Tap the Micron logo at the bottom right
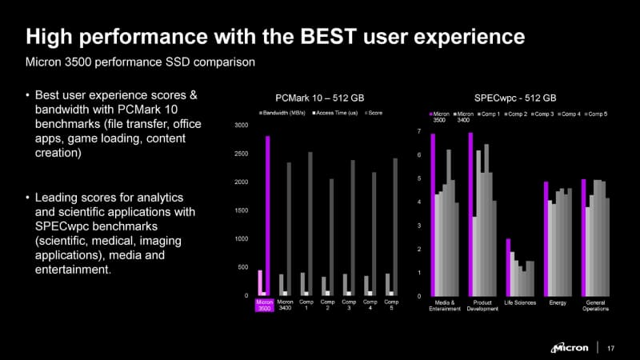pos(570,347)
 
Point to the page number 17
pos(612,347)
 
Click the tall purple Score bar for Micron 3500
pos(268,216)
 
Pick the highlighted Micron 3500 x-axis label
pos(264,306)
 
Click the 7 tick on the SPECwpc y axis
pos(420,131)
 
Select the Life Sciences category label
pos(520,303)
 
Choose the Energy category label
pos(558,303)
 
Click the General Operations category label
pos(595,306)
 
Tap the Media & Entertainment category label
pos(446,306)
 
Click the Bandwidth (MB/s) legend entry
pos(285,114)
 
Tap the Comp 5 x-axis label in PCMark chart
pos(391,306)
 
